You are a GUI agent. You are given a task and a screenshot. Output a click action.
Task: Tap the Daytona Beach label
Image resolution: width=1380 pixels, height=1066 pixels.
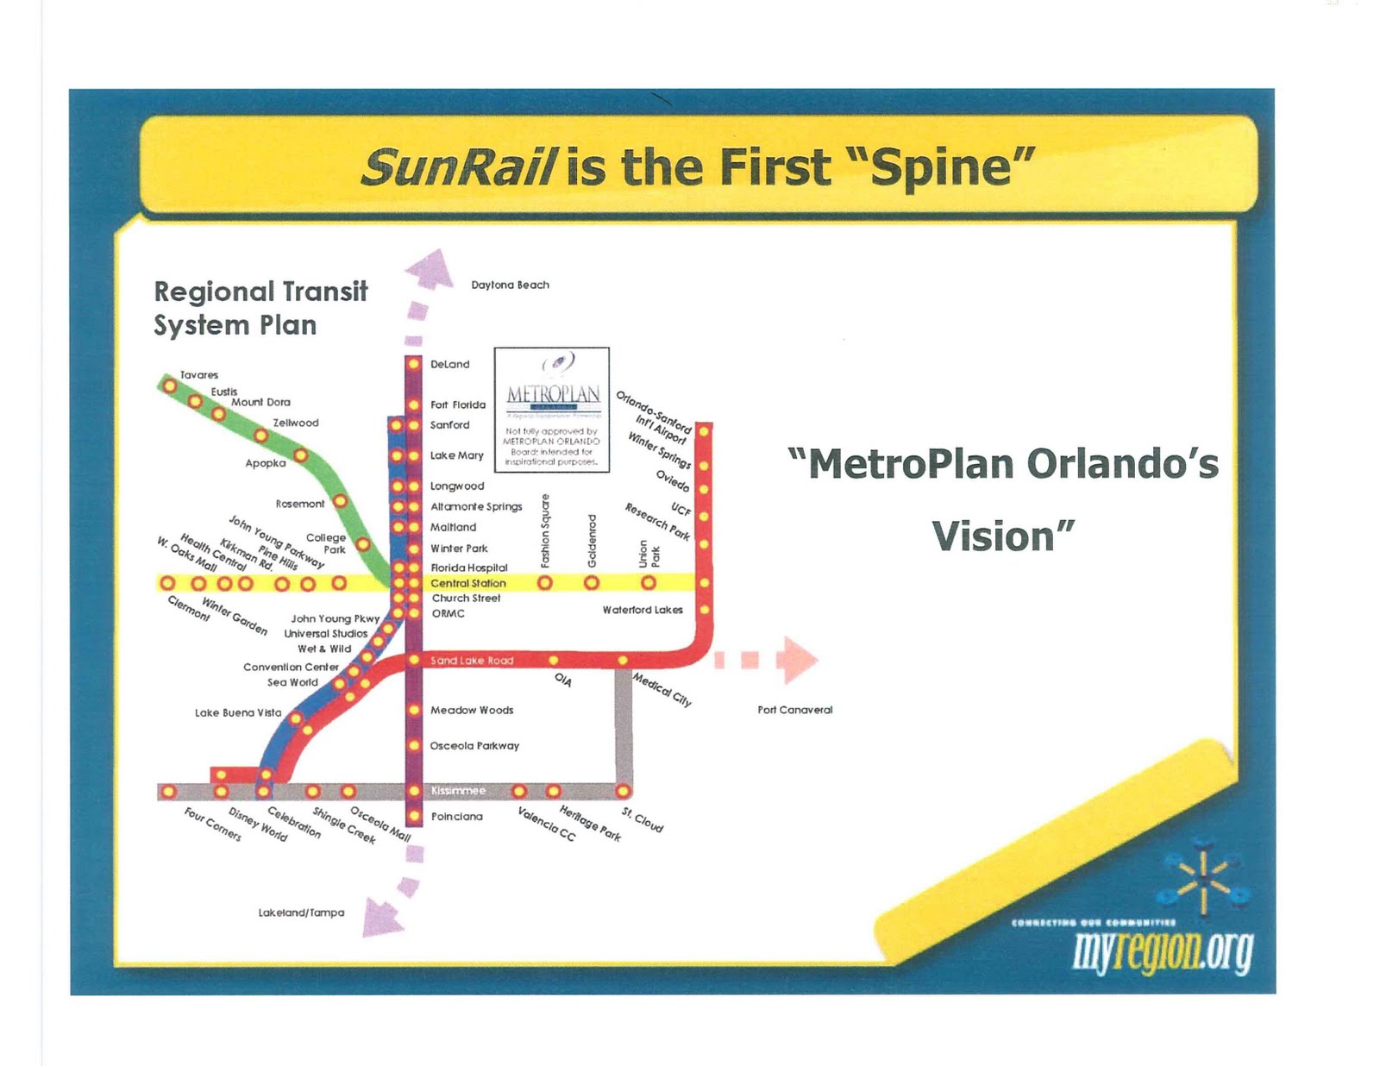pos(510,285)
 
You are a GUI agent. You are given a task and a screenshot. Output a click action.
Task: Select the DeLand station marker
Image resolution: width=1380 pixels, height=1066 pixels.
pos(413,364)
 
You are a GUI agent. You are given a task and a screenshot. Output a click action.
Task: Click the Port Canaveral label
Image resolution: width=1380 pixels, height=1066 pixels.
pos(794,710)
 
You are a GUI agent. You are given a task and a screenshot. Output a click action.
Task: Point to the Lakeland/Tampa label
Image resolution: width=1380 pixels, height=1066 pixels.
pos(301,912)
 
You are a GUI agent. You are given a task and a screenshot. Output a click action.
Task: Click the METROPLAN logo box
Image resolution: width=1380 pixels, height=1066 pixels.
pos(552,410)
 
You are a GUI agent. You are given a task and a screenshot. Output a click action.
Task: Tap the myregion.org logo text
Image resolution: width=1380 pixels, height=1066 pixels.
pos(1163,952)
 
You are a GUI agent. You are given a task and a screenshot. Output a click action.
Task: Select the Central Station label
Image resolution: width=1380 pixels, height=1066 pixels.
pos(468,583)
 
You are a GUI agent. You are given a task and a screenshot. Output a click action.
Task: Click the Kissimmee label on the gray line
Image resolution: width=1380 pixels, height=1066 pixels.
pos(458,791)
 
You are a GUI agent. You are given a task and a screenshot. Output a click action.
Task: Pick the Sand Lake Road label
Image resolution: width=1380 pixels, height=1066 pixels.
pos(472,661)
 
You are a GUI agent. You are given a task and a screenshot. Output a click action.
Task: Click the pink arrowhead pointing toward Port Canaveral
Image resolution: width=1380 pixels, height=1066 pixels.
pos(799,660)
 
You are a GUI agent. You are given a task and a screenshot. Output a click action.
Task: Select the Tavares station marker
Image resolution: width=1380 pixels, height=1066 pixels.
pos(170,386)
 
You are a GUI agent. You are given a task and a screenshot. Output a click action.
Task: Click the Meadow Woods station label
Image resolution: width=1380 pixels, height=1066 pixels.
pos(472,710)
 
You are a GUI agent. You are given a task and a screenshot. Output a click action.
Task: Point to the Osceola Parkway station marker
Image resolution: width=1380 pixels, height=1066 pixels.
pos(413,745)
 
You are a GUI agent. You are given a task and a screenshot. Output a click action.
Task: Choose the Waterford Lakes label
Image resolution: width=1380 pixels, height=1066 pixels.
pos(643,610)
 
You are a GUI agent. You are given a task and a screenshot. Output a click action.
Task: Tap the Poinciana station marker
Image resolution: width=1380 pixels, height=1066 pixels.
pos(413,816)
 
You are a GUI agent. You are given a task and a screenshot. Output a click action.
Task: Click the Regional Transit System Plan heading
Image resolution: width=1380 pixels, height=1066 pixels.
pos(260,308)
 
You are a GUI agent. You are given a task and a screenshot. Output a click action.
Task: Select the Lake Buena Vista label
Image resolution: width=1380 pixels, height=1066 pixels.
pos(238,712)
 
